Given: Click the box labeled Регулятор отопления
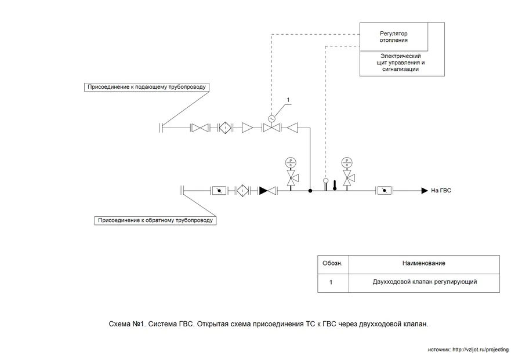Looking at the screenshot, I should coord(394,36).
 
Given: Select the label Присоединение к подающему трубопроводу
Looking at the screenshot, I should coord(146,87).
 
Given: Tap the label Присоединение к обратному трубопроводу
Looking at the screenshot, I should coord(155,220).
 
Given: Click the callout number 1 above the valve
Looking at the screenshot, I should coord(288,101).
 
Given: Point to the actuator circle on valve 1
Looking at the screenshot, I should coord(271,118).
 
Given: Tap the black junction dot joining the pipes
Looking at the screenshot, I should coord(310,190).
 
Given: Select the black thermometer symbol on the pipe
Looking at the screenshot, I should coord(335,185).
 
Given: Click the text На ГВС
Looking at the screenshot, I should coord(441,190).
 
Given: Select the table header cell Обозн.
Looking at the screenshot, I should coord(332,264).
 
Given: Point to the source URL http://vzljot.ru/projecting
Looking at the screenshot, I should coord(480,350).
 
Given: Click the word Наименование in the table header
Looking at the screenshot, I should coord(424,264).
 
